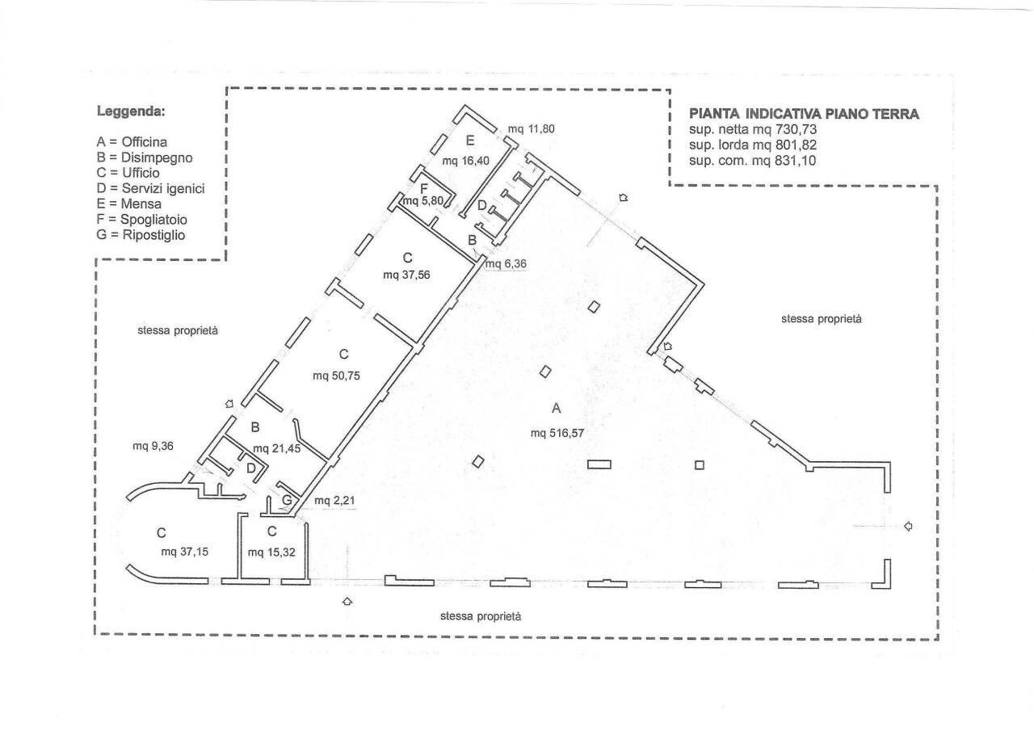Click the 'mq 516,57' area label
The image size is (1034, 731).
click(557, 433)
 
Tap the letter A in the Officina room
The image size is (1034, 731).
click(557, 408)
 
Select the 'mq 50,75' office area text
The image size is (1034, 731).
click(336, 376)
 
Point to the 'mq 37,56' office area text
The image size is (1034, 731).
click(406, 275)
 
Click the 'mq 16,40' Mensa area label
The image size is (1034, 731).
click(466, 161)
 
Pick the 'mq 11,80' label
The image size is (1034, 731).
click(531, 128)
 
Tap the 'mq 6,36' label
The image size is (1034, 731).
click(506, 263)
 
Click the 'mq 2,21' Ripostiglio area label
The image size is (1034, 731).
click(334, 500)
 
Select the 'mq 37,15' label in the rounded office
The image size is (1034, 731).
click(185, 552)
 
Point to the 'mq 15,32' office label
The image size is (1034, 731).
click(271, 552)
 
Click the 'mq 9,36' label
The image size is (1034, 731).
click(153, 446)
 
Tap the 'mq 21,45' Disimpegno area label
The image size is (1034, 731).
click(276, 448)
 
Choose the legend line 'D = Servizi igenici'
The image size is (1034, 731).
click(150, 188)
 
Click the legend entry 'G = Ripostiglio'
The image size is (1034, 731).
click(141, 235)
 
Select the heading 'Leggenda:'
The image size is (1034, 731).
click(131, 111)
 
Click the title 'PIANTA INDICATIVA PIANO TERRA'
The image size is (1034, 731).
click(804, 114)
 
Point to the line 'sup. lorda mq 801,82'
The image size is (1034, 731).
click(753, 145)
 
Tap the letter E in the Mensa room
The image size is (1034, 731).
click(470, 141)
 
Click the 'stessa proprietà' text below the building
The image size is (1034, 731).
click(481, 616)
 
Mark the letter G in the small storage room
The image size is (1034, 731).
click(287, 500)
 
